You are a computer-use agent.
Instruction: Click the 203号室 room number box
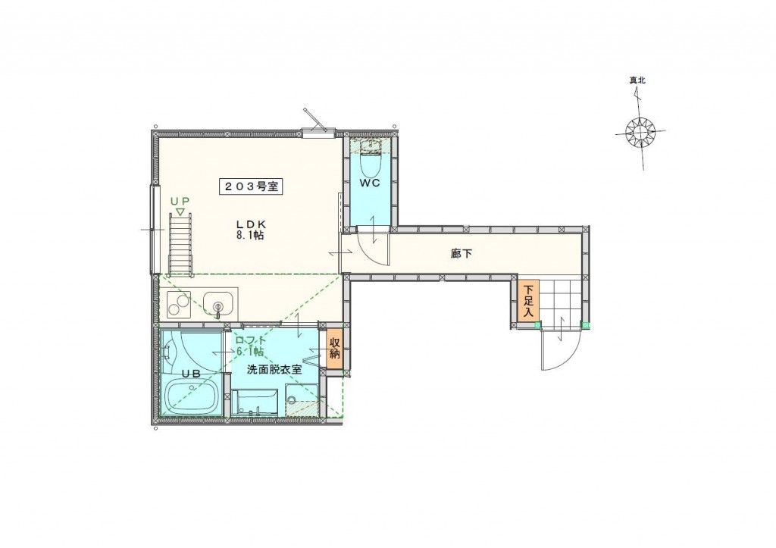(250, 186)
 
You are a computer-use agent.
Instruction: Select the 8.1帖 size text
(250, 236)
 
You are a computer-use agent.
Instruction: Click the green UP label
(180, 201)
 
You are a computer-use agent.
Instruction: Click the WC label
(370, 183)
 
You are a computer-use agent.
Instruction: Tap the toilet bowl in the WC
(369, 161)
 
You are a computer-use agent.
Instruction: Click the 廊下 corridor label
(462, 254)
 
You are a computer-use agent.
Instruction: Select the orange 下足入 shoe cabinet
(528, 300)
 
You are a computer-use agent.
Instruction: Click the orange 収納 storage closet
(334, 349)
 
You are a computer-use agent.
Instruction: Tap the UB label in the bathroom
(190, 374)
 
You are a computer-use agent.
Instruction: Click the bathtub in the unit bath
(192, 395)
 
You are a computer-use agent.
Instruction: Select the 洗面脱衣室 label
(274, 370)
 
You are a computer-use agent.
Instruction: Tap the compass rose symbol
(640, 133)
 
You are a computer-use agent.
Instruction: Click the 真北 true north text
(637, 80)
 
